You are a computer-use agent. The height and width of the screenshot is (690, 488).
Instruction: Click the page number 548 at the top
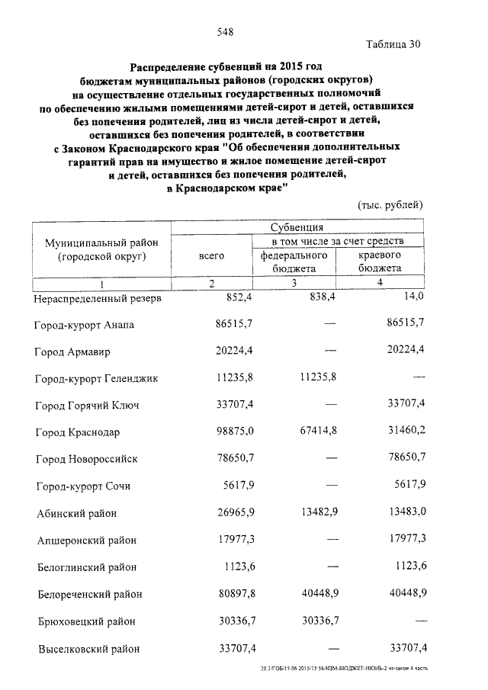[x=224, y=31]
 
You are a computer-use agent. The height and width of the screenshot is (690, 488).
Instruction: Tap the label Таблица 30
[x=393, y=43]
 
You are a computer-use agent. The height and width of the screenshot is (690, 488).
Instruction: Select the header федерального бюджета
[x=294, y=262]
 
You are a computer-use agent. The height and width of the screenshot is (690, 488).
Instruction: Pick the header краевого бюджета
[x=380, y=262]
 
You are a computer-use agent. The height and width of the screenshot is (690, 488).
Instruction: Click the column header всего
[x=210, y=256]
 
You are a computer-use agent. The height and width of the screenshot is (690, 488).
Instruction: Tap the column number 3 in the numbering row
[x=294, y=284]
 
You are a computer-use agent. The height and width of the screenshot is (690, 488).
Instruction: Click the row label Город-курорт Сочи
[x=83, y=486]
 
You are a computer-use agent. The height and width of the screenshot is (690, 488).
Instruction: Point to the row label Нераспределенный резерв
[x=97, y=299]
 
